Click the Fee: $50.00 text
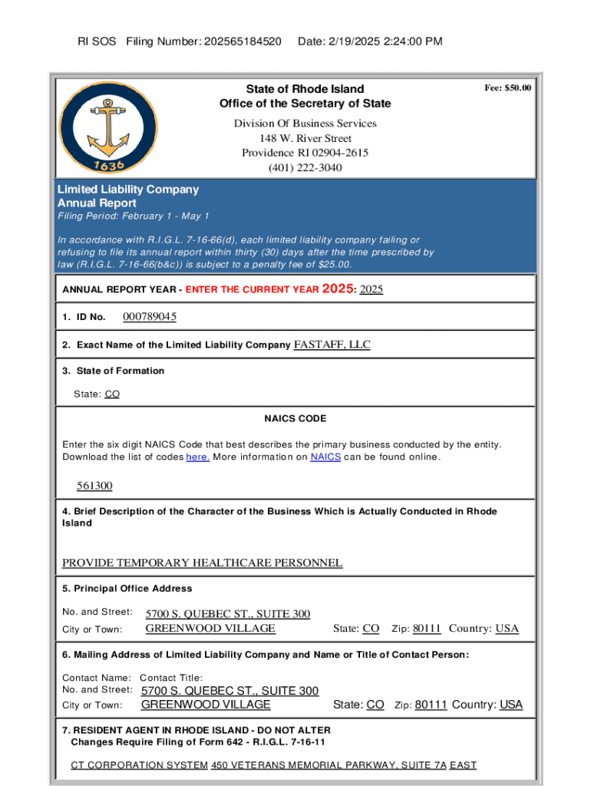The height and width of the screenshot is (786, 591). click(507, 88)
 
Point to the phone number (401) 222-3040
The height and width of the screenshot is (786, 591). click(305, 167)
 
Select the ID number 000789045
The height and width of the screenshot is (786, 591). click(150, 317)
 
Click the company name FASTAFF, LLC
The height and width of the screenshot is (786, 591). click(332, 345)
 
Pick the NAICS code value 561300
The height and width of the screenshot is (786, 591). click(94, 486)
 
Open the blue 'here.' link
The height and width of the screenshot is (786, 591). click(198, 457)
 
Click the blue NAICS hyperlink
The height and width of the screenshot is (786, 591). click(325, 457)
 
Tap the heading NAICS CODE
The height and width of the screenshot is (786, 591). click(295, 419)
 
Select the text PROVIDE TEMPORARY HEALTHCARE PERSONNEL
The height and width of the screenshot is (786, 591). click(202, 563)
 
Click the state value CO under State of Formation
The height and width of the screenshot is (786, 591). click(112, 395)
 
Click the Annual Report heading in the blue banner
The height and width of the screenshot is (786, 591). click(97, 203)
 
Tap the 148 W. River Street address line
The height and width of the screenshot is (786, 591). click(305, 138)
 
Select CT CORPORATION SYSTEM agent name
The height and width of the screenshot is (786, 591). click(139, 765)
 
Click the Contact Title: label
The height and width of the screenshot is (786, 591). click(170, 678)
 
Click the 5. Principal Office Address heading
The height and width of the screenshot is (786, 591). click(127, 589)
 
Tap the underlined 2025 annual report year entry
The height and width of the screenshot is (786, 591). click(371, 289)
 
